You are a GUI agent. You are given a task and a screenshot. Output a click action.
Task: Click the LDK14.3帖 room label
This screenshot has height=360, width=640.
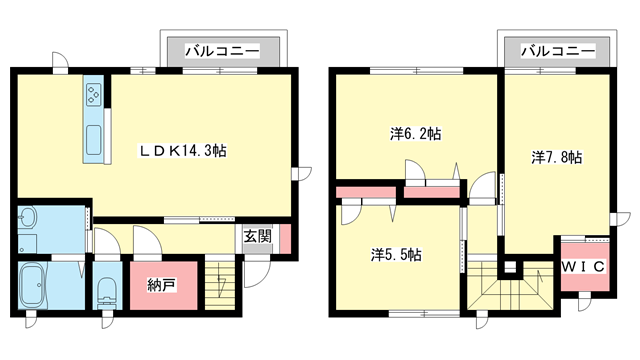[182, 151]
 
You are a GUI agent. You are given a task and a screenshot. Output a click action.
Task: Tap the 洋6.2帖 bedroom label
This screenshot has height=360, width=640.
[415, 133]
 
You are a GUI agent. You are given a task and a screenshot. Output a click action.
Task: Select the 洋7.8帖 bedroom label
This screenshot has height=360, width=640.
[557, 157]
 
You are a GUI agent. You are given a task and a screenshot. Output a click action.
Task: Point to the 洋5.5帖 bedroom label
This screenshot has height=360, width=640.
[396, 254]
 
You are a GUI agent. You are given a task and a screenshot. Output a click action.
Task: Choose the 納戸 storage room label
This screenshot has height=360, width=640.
[161, 285]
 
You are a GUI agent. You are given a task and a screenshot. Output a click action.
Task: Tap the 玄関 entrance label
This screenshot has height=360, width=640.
[257, 237]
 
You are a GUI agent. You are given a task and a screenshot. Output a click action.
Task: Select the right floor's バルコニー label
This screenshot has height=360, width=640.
[556, 49]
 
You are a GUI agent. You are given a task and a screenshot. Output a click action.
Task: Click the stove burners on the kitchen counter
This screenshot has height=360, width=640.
[94, 94]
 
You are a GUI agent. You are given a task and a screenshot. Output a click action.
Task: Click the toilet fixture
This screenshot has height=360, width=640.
[108, 291]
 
